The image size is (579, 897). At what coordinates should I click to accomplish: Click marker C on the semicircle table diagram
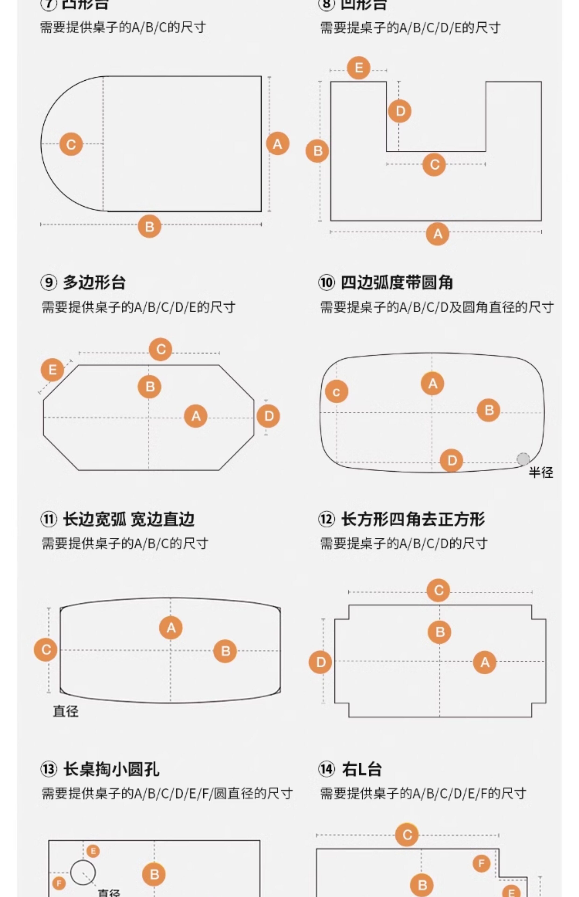[71, 144]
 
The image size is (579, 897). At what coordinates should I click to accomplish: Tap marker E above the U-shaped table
[358, 68]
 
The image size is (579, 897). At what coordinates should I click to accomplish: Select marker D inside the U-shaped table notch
[400, 111]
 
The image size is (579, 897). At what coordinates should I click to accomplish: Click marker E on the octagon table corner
[52, 370]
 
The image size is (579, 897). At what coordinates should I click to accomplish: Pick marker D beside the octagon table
[268, 416]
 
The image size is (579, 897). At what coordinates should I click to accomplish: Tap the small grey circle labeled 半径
[523, 459]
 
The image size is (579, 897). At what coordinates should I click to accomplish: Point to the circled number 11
[49, 519]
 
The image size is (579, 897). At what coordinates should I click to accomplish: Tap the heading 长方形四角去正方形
[413, 519]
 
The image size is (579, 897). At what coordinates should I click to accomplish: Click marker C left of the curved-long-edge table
[46, 650]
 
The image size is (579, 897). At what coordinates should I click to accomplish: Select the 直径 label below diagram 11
[66, 712]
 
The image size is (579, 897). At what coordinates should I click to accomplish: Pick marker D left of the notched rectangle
[320, 662]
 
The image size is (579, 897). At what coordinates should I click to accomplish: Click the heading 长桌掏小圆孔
[111, 769]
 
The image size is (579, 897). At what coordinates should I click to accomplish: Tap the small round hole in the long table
[83, 872]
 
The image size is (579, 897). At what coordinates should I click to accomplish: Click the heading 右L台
[362, 769]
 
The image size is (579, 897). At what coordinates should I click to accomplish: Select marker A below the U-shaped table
[438, 234]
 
